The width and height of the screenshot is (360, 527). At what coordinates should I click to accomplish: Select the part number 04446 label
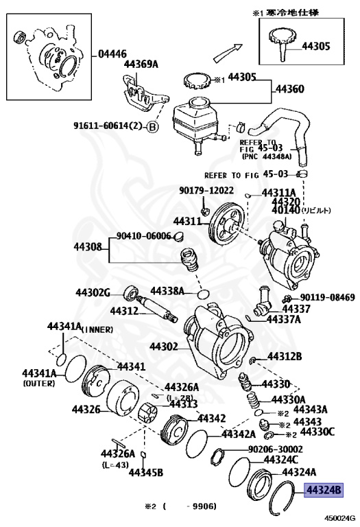click(114, 53)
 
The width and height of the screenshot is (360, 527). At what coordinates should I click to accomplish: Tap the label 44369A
click(141, 65)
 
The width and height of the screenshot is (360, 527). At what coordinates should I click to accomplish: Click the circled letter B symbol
click(152, 127)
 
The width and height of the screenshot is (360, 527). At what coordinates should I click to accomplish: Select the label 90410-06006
click(143, 236)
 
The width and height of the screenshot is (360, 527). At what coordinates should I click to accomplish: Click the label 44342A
click(238, 434)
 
